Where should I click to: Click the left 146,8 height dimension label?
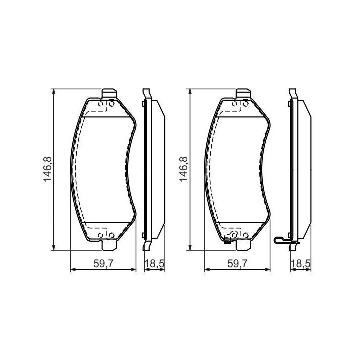tap(48, 169)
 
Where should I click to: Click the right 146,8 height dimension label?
tap(183, 169)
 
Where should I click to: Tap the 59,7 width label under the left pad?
tap(104, 264)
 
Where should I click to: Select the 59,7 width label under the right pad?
tap(238, 264)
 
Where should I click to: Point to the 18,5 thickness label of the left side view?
tap(154, 264)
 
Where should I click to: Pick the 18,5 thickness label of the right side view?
tap(301, 264)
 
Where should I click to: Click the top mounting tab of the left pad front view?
tap(109, 94)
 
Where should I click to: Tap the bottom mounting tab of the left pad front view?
tap(109, 245)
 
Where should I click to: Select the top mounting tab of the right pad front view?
tap(244, 94)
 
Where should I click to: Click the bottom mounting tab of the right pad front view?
tap(244, 245)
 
